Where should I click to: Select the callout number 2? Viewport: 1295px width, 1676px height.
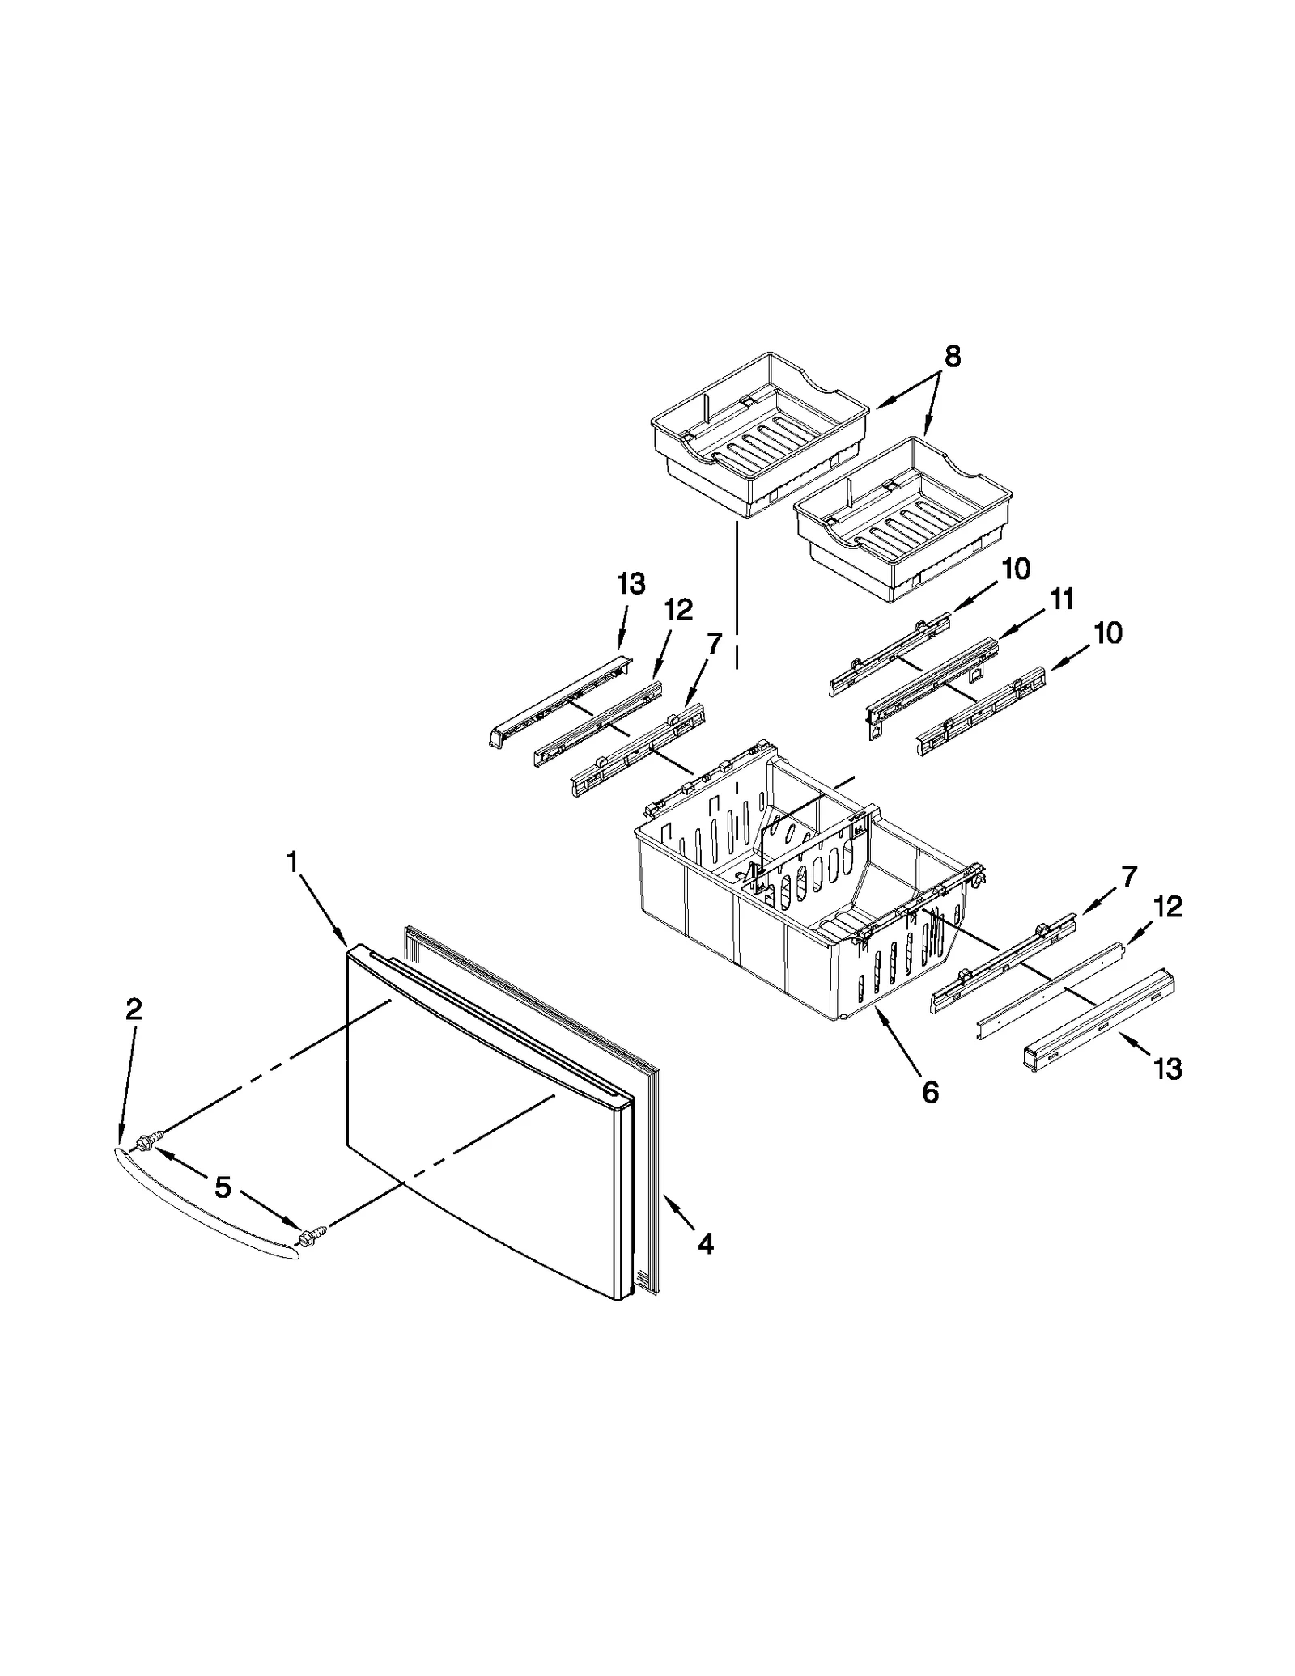pyautogui.click(x=134, y=1009)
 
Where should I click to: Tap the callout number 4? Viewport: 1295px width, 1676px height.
pyautogui.click(x=706, y=1243)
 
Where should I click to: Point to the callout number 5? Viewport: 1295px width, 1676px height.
pyautogui.click(x=223, y=1187)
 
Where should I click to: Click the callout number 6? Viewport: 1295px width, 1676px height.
pyautogui.click(x=930, y=1093)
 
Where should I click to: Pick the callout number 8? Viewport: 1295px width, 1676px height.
pyautogui.click(x=953, y=356)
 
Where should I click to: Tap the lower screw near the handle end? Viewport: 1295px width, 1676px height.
pyautogui.click(x=308, y=1237)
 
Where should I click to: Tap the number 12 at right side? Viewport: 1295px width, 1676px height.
pyautogui.click(x=1167, y=907)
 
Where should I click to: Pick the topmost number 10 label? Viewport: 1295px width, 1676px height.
pyautogui.click(x=1016, y=569)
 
